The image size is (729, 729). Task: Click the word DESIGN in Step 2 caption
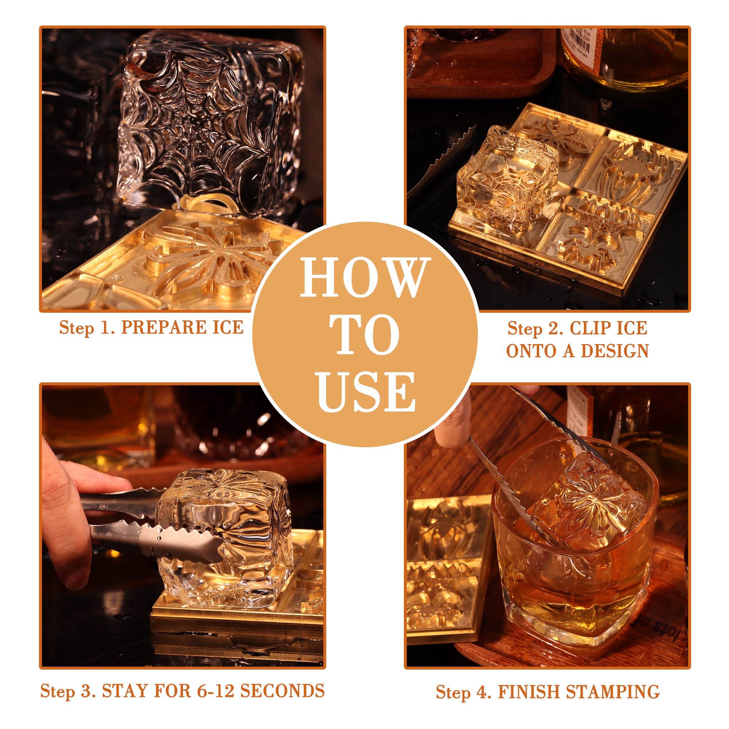[x=615, y=351]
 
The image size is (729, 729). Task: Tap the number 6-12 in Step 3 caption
[x=216, y=690]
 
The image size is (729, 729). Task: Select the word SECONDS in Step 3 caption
[x=282, y=690]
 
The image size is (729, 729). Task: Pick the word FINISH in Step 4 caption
[x=529, y=692]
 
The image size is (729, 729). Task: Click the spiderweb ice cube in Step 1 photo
[x=210, y=121]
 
